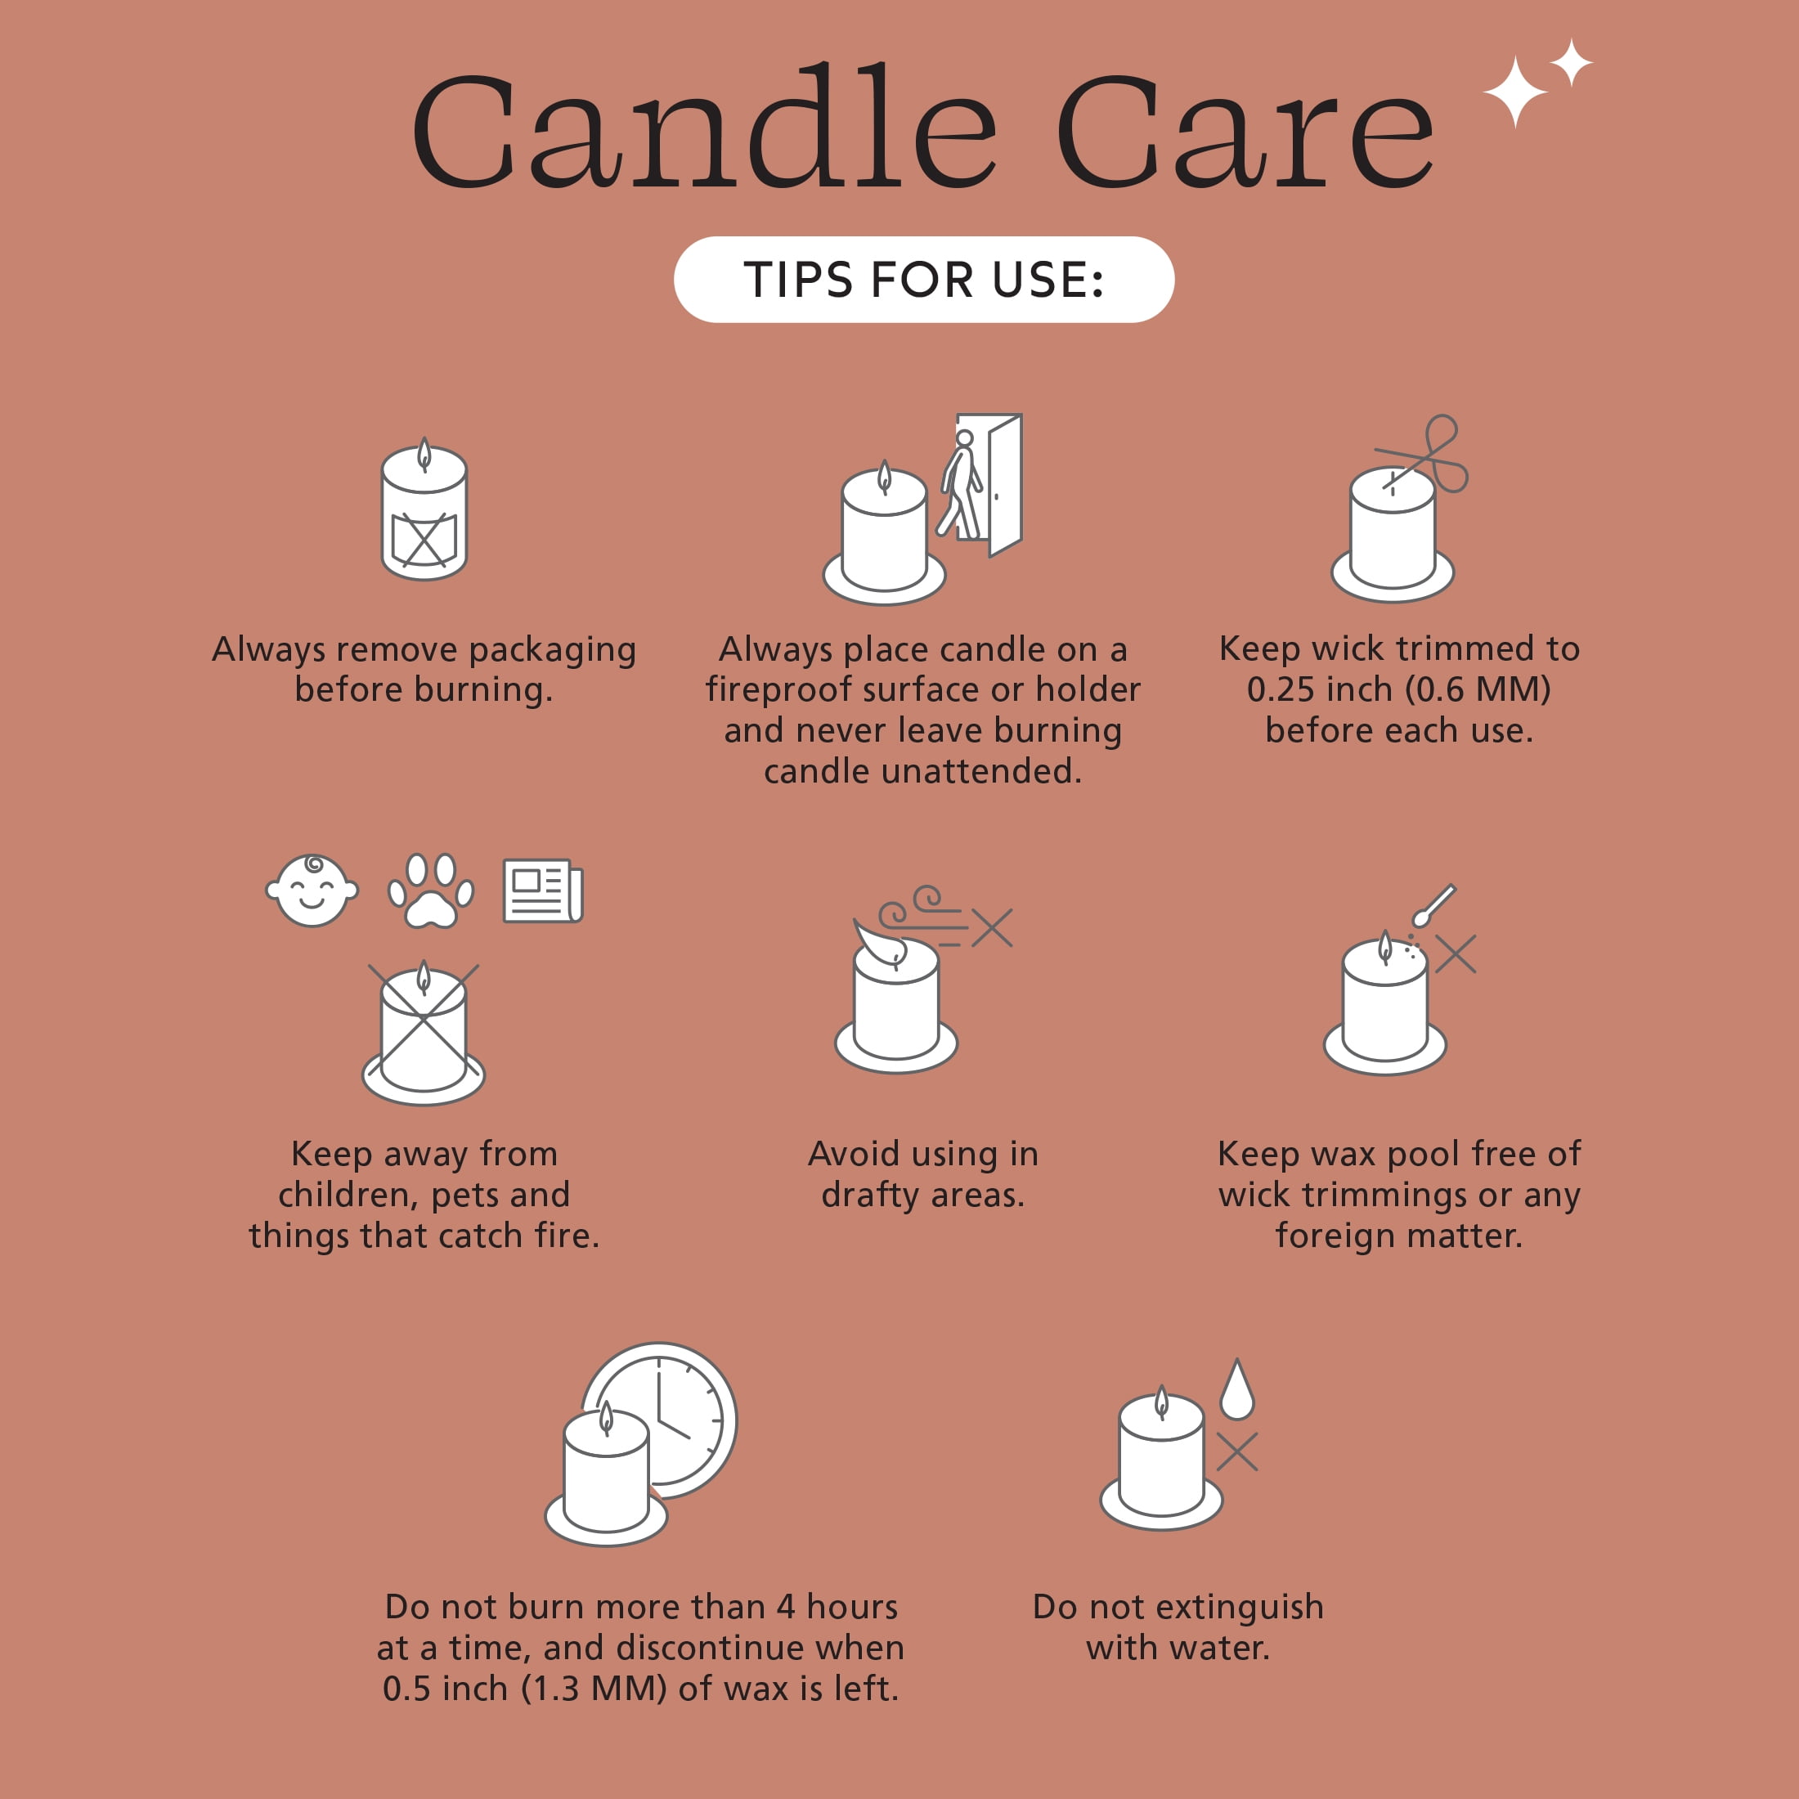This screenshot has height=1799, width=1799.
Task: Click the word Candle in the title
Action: pyautogui.click(x=705, y=126)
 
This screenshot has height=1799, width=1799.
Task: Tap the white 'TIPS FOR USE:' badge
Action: pyautogui.click(x=924, y=280)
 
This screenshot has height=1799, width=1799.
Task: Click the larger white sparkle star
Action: pyautogui.click(x=1515, y=92)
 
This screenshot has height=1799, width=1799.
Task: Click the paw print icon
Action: pyautogui.click(x=430, y=891)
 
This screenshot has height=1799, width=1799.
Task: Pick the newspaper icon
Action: pyautogui.click(x=543, y=891)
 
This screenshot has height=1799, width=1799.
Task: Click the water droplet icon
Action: pyautogui.click(x=1236, y=1389)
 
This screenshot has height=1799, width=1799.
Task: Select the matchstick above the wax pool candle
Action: pyautogui.click(x=1434, y=905)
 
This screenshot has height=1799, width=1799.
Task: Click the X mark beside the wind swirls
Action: pyautogui.click(x=992, y=927)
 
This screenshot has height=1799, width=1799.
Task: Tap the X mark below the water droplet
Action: pyautogui.click(x=1236, y=1451)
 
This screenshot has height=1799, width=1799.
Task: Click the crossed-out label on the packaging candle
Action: pyautogui.click(x=424, y=539)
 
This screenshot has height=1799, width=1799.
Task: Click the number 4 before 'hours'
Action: pyautogui.click(x=786, y=1607)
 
